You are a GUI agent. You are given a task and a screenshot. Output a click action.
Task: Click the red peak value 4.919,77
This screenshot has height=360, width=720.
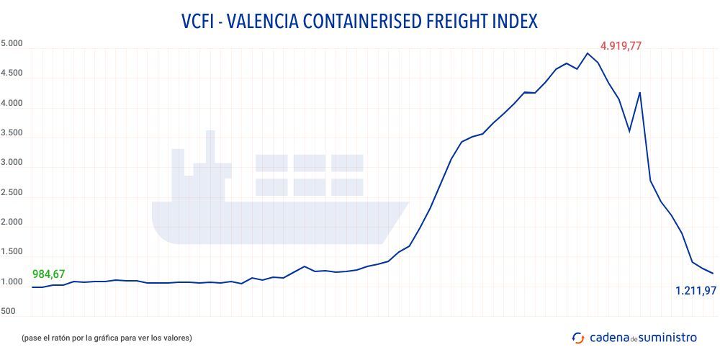coord(621,46)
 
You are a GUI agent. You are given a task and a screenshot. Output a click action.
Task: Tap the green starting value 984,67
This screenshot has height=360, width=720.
coord(49,274)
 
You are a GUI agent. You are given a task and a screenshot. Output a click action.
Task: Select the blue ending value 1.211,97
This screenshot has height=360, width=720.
coord(695,291)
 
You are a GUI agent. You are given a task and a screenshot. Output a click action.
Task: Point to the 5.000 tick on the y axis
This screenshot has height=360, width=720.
coord(12,44)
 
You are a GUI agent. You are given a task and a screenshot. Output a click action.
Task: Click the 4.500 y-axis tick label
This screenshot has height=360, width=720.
coord(12,73)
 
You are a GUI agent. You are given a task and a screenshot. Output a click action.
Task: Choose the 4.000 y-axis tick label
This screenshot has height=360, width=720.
coord(12,104)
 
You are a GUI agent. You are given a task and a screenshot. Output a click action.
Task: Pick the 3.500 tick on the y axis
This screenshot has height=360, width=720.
coord(12,133)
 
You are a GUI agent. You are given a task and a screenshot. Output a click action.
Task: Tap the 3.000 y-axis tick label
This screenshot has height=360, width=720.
coord(12,163)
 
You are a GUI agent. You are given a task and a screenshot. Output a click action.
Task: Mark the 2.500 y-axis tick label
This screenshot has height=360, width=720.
coord(12,193)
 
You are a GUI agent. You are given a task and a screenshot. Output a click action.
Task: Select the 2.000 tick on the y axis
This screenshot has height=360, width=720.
coord(12,223)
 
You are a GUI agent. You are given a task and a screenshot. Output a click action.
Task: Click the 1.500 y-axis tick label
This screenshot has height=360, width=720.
coord(12,253)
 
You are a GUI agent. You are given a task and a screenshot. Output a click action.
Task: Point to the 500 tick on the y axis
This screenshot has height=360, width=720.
coord(9,311)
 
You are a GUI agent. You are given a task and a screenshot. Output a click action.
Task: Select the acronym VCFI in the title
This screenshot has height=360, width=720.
coord(199,21)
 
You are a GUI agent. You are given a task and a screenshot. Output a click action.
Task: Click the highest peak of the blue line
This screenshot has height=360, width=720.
coord(588,53)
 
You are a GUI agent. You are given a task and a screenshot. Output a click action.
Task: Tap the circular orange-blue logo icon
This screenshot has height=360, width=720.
coord(577,337)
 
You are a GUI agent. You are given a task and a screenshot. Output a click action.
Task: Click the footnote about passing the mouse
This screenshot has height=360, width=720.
coord(107,337)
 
